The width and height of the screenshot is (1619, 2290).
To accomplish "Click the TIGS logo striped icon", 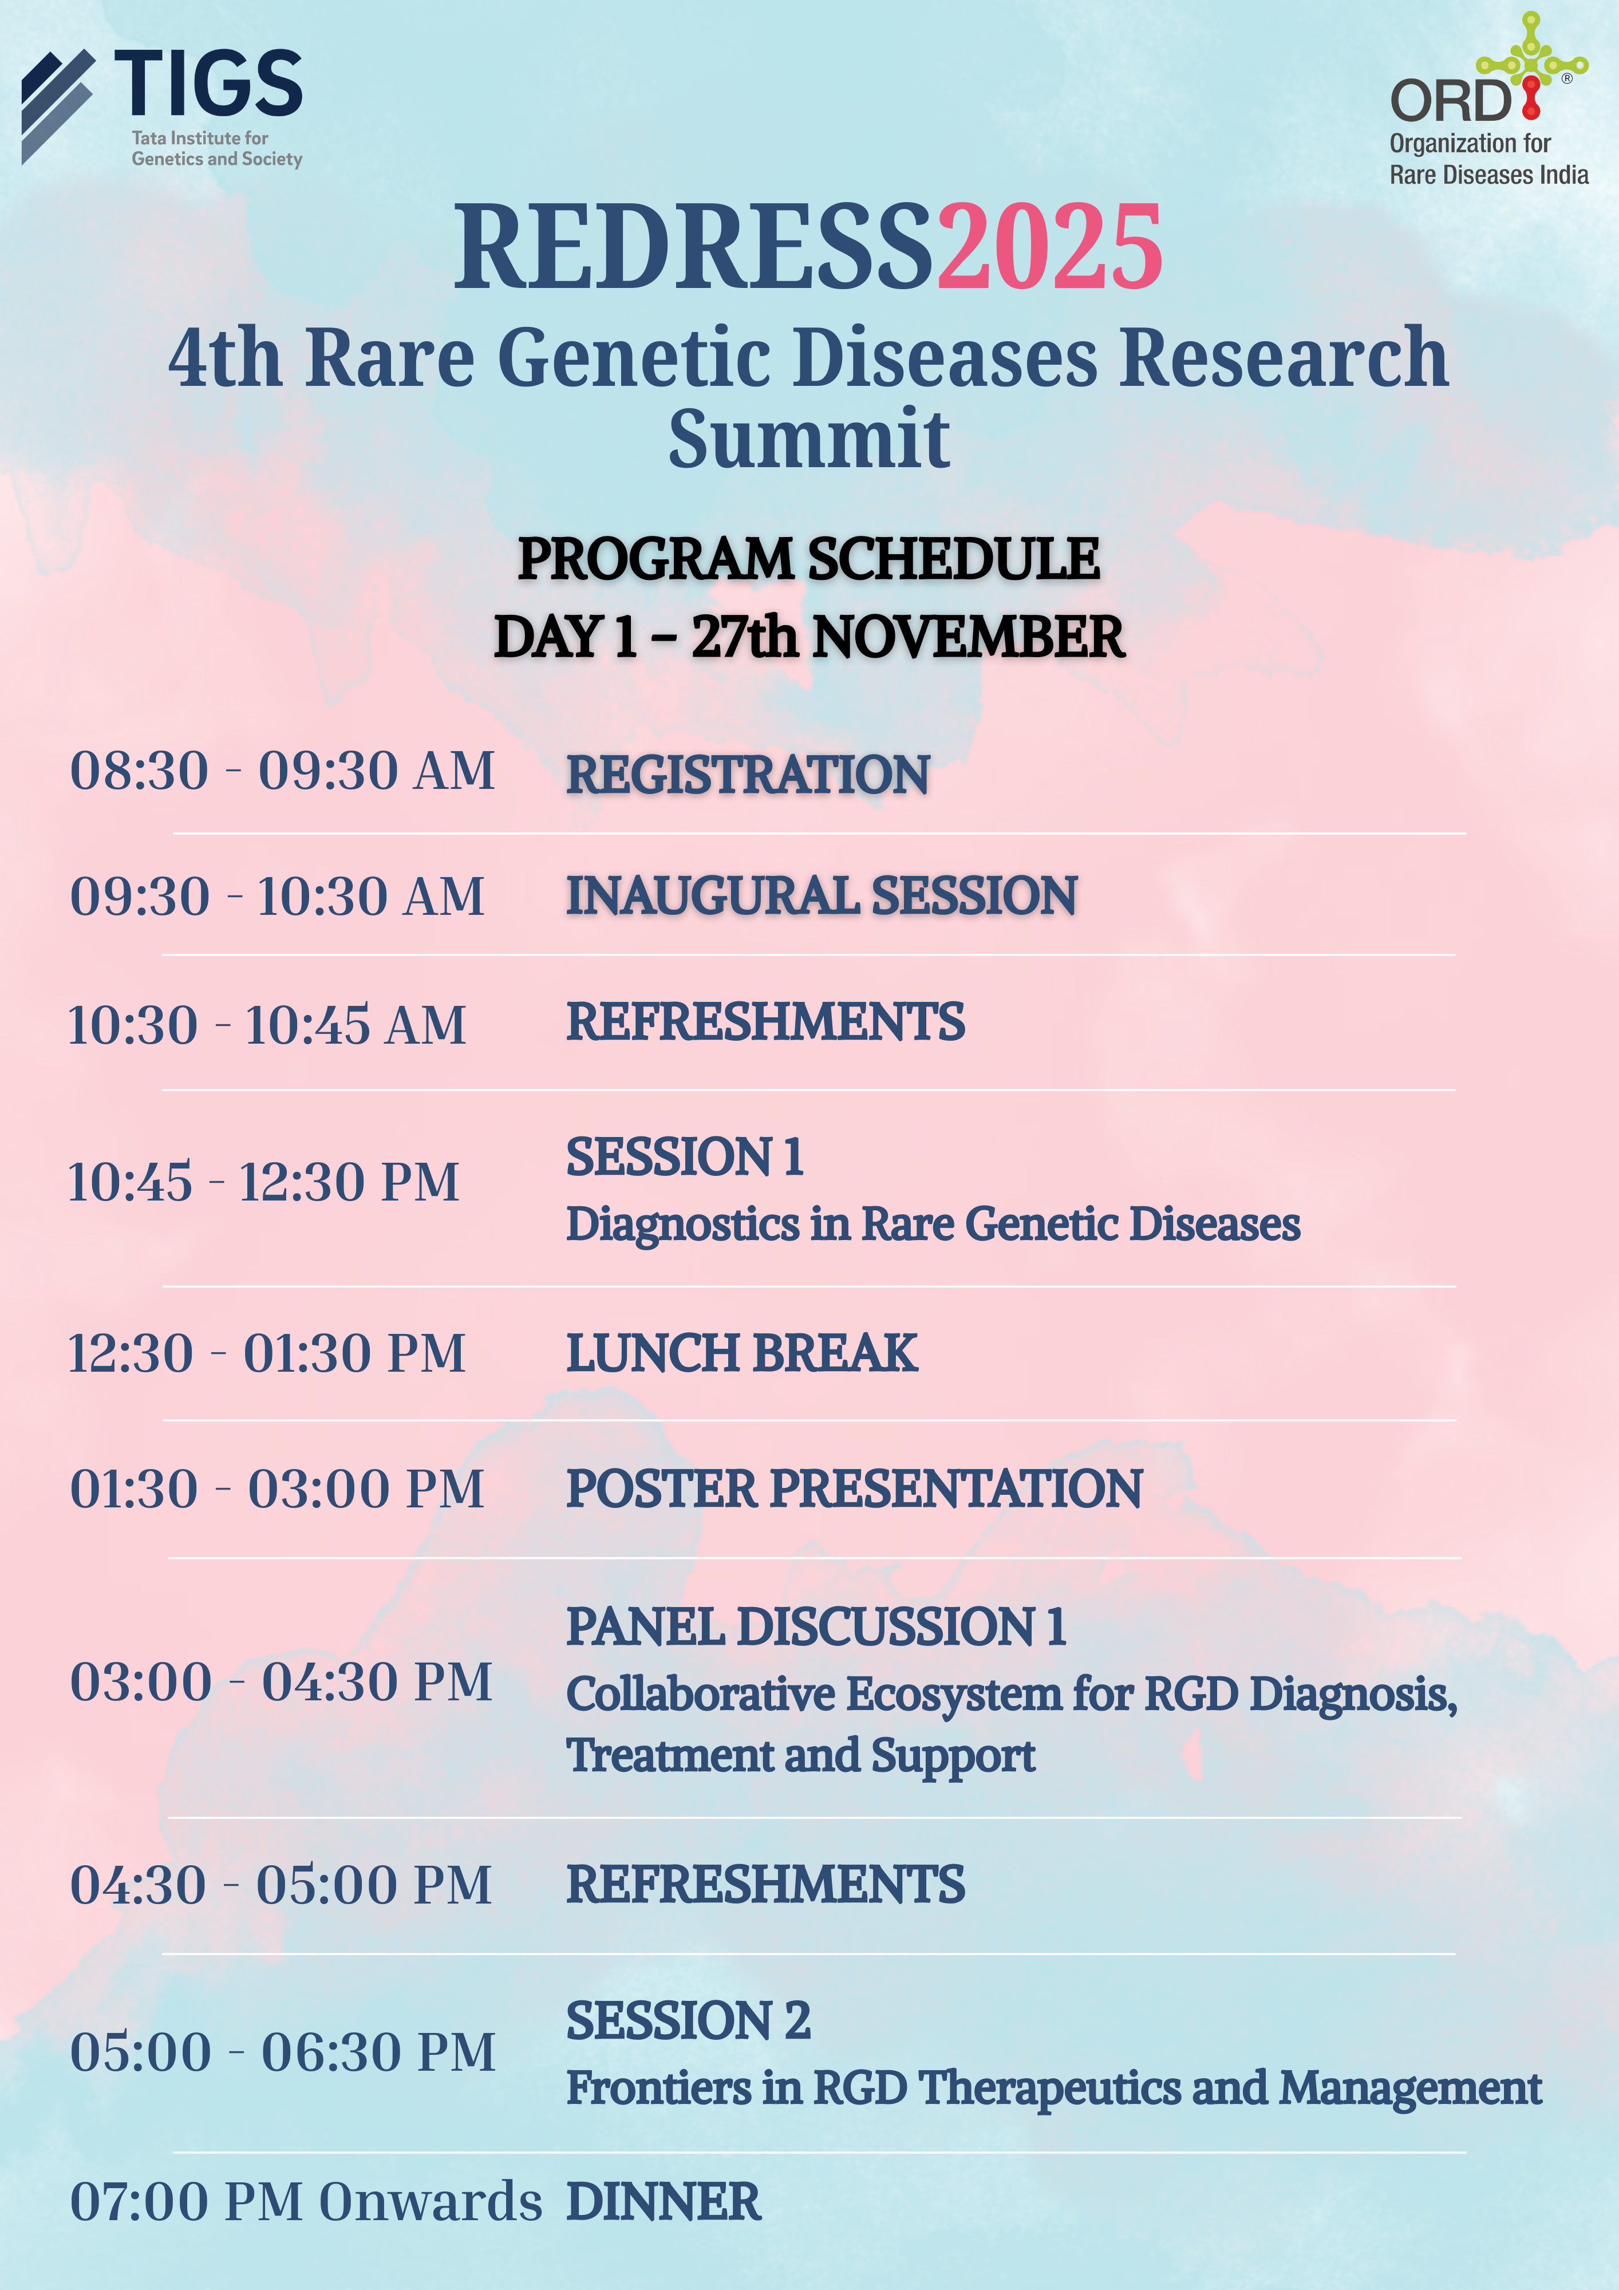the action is [57, 105].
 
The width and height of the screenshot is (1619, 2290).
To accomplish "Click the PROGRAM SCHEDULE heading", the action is [809, 559].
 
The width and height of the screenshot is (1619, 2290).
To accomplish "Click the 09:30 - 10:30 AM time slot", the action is [277, 895].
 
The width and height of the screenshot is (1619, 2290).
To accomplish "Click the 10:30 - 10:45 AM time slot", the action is [266, 1024].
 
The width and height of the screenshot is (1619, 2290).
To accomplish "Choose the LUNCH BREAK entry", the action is [742, 1353].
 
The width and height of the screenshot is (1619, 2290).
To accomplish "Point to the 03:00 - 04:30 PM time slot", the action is [281, 1681].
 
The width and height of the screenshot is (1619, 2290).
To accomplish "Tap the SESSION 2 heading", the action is [688, 2021].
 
